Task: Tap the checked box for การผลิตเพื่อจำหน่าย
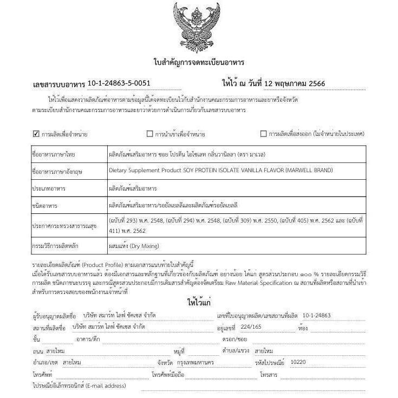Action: pyautogui.click(x=36, y=133)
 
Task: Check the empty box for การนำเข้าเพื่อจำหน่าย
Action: pyautogui.click(x=150, y=134)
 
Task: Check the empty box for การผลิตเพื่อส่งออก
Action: pyautogui.click(x=264, y=134)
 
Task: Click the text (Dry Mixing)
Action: pyautogui.click(x=143, y=246)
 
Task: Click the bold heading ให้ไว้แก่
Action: pyautogui.click(x=199, y=302)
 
